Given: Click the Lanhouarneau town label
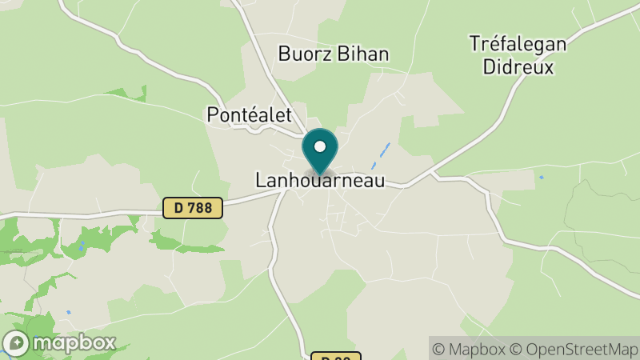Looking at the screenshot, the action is pyautogui.click(x=319, y=181).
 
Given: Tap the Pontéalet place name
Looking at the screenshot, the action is pyautogui.click(x=249, y=114).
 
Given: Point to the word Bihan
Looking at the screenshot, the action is pyautogui.click(x=364, y=54).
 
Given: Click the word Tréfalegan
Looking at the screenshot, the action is pyautogui.click(x=518, y=44).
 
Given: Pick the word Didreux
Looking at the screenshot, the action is pyautogui.click(x=518, y=66).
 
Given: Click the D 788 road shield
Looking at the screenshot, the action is pyautogui.click(x=193, y=208).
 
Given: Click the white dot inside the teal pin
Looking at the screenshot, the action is pyautogui.click(x=320, y=147).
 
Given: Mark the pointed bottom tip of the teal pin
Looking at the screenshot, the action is pyautogui.click(x=320, y=174).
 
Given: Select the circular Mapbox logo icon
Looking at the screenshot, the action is pyautogui.click(x=16, y=344).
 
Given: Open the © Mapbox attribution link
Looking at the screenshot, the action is pyautogui.click(x=470, y=349).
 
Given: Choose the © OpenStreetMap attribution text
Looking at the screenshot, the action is pyautogui.click(x=573, y=349).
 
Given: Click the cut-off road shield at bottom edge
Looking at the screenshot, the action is pyautogui.click(x=336, y=356).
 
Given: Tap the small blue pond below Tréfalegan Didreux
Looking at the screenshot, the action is pyautogui.click(x=542, y=177).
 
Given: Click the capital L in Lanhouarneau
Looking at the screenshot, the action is pyautogui.click(x=261, y=181).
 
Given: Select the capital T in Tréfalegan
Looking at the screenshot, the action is pyautogui.click(x=475, y=44).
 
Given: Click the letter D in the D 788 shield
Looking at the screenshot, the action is pyautogui.click(x=178, y=208).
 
